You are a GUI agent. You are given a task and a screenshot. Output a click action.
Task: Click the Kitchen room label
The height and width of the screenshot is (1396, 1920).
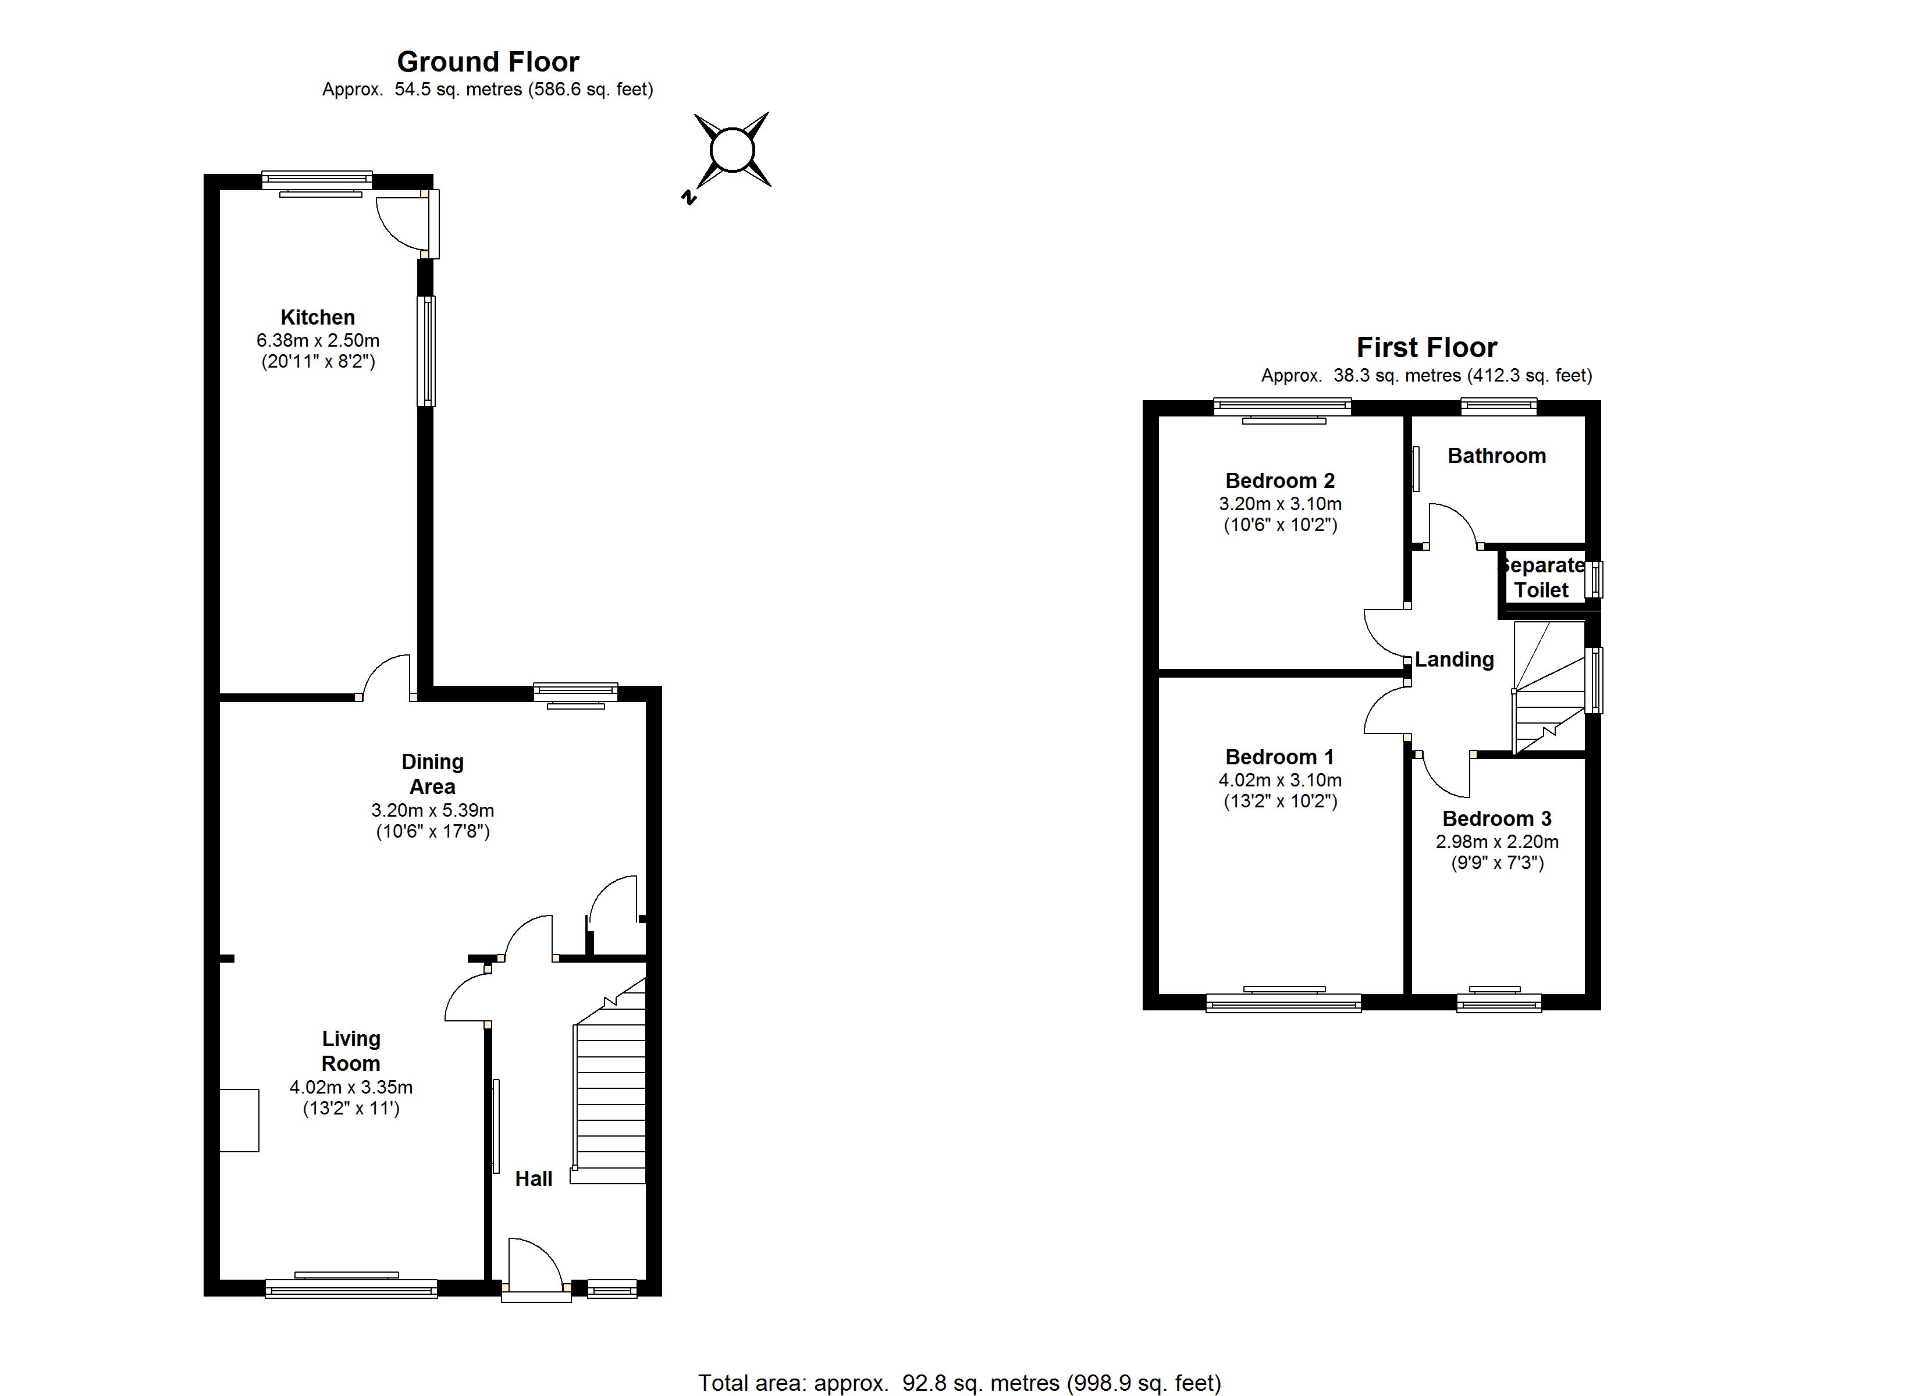click(318, 318)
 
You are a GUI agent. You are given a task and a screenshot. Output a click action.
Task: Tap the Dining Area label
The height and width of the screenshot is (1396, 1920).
click(433, 774)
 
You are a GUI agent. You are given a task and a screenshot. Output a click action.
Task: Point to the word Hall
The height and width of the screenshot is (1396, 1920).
click(534, 1178)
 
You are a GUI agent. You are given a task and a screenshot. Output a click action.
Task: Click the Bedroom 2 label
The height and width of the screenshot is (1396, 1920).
click(1280, 481)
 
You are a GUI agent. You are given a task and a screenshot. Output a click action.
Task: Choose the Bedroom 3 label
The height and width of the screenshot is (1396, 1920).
click(1496, 818)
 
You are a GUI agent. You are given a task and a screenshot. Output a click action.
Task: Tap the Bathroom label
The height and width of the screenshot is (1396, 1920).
click(1496, 455)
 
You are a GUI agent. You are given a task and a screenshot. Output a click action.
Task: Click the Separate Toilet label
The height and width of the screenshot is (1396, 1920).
click(1542, 578)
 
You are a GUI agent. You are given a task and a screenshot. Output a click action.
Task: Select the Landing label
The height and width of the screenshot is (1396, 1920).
click(1455, 660)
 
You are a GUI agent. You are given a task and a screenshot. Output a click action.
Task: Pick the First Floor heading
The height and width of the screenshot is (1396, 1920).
click(1427, 347)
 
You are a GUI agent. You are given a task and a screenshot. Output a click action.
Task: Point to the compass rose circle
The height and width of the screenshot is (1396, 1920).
click(731, 151)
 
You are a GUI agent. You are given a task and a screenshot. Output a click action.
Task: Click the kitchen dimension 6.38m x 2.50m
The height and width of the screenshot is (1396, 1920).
click(318, 340)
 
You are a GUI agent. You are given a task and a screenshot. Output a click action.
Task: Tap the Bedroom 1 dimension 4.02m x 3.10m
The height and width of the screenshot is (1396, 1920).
click(1280, 779)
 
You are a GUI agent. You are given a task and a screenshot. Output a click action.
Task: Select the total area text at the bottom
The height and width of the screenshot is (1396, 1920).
click(959, 1383)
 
